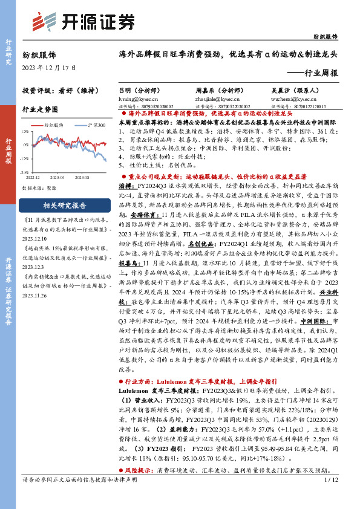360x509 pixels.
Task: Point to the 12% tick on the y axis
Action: coord(25,131)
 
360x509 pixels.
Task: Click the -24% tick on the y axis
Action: coord(25,172)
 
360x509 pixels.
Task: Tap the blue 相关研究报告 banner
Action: coord(63,204)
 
